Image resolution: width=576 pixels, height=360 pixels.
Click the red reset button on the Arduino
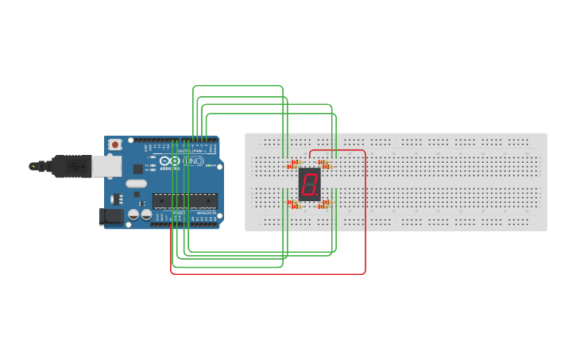[115, 145]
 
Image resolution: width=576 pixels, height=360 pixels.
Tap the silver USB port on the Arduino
[106, 165]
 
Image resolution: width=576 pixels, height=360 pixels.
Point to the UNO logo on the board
[194, 161]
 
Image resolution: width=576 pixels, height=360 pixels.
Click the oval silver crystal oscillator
[136, 184]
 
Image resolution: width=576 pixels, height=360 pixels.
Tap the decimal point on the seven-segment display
[318, 195]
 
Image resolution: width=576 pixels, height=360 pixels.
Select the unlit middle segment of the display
[309, 184]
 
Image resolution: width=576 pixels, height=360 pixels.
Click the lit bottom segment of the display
[308, 195]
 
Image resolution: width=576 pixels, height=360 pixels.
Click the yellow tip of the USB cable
[33, 166]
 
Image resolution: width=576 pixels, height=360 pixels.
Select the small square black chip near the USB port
[137, 168]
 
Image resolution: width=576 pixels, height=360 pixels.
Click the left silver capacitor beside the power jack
[133, 215]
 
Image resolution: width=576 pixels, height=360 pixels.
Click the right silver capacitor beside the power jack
[146, 215]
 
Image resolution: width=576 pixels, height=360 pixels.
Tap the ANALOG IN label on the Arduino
[204, 213]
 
